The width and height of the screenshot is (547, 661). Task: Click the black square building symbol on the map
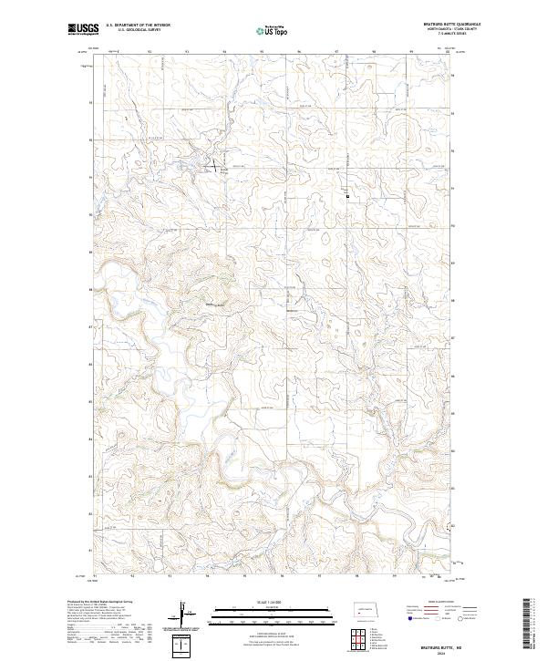(x=347, y=193)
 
